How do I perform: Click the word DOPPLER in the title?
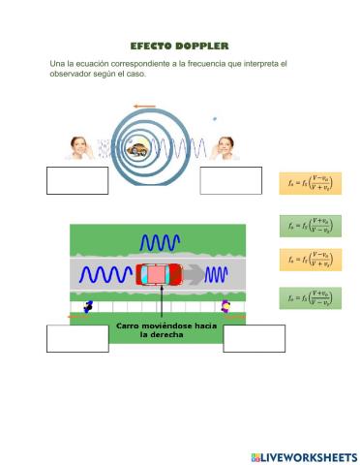click(202, 46)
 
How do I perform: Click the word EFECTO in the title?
click(152, 46)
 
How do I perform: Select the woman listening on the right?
click(225, 147)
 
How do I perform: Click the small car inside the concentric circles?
click(139, 149)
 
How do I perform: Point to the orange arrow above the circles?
click(144, 106)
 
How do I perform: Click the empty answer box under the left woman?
click(77, 180)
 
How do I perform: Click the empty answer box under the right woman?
click(230, 180)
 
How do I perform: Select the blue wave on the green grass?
click(160, 242)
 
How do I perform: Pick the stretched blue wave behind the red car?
click(105, 276)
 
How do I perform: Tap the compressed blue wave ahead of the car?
click(215, 275)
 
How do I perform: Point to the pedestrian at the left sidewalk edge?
click(88, 307)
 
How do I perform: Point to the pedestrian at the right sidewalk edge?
click(225, 307)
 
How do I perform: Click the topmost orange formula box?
click(310, 181)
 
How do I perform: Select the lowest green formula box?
click(310, 299)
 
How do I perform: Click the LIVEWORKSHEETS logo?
click(303, 456)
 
